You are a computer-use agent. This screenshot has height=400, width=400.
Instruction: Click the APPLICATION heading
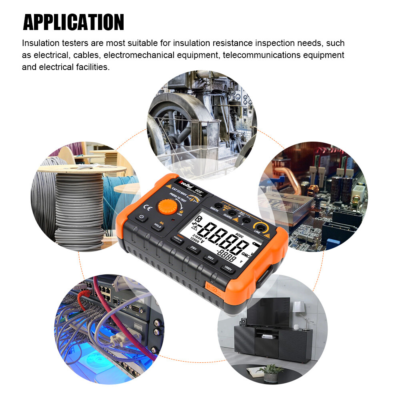coord(74,22)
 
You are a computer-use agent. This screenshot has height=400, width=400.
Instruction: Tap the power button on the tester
coord(141,218)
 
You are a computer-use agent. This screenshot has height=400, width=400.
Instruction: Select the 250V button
coord(194,249)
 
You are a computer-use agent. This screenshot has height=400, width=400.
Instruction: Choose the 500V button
coord(210,258)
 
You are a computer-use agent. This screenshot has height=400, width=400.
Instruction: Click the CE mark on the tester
coord(147,208)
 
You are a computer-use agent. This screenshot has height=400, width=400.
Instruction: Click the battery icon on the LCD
coord(255,244)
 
